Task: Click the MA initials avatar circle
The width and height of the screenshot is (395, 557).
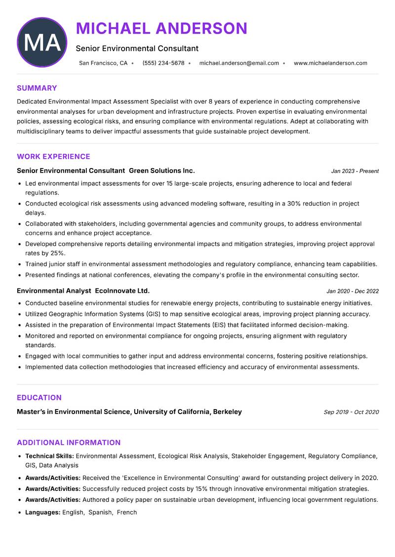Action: tap(42, 42)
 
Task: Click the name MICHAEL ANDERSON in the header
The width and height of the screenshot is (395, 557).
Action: tap(161, 29)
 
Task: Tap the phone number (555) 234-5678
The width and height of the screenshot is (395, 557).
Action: tap(163, 63)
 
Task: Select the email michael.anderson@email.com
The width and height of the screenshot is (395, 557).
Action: tap(239, 63)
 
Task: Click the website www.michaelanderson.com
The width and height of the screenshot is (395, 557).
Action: tap(330, 63)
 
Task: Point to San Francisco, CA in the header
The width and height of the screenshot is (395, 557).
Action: tap(103, 63)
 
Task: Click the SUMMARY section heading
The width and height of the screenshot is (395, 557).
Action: tap(37, 88)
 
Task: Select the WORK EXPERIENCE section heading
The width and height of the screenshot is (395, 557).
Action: tap(53, 157)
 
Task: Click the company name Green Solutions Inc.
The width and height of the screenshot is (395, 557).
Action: tap(161, 171)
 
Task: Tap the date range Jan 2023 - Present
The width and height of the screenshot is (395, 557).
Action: tap(355, 172)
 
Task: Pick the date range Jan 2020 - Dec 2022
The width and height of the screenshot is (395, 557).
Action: tap(353, 291)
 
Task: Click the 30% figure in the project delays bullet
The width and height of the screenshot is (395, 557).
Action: tap(294, 204)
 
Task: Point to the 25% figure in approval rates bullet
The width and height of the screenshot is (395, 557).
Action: tap(57, 253)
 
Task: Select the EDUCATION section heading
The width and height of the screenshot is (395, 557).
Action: tap(39, 398)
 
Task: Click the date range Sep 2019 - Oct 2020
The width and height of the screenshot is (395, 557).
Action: tap(351, 412)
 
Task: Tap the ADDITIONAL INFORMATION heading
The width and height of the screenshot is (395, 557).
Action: tap(69, 443)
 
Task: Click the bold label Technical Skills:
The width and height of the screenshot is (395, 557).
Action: tap(49, 456)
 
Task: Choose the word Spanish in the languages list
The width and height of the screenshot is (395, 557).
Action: tap(100, 513)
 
